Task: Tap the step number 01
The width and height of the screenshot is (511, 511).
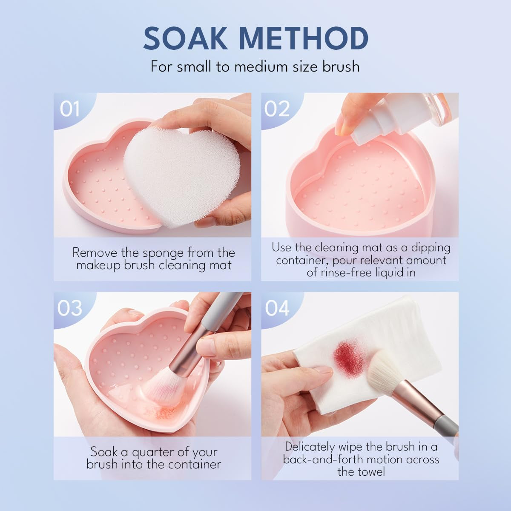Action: click(x=69, y=109)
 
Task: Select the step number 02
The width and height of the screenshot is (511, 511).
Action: click(x=277, y=109)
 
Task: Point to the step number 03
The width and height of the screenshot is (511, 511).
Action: click(x=70, y=308)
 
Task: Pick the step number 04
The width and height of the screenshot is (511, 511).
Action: click(x=277, y=308)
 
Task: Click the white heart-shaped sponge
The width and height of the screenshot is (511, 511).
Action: click(x=183, y=179)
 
